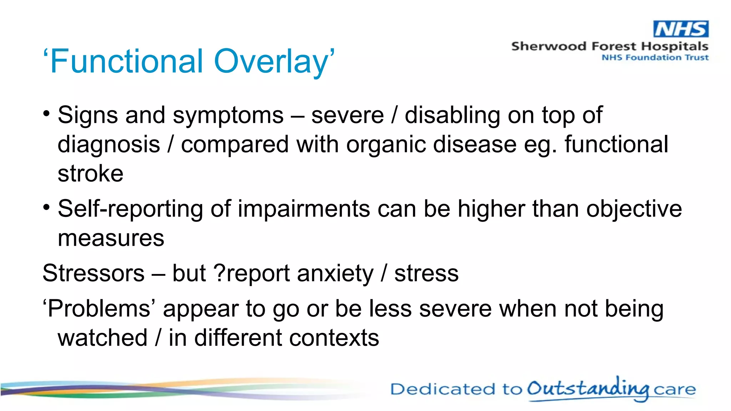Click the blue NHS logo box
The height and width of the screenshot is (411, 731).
coord(681,29)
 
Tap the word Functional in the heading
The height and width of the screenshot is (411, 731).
coord(126,61)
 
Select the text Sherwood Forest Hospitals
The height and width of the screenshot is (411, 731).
coord(609,46)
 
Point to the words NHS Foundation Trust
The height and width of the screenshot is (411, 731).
coord(655,57)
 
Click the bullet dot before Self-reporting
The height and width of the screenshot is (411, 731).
coord(46,207)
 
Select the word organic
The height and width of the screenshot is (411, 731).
coord(385,145)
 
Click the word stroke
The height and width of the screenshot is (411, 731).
coord(90,174)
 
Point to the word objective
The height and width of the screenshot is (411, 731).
coord(634,209)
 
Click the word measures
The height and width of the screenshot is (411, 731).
coord(111,238)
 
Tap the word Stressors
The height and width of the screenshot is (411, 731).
coord(94,273)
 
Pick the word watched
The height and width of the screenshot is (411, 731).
coord(102,338)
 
